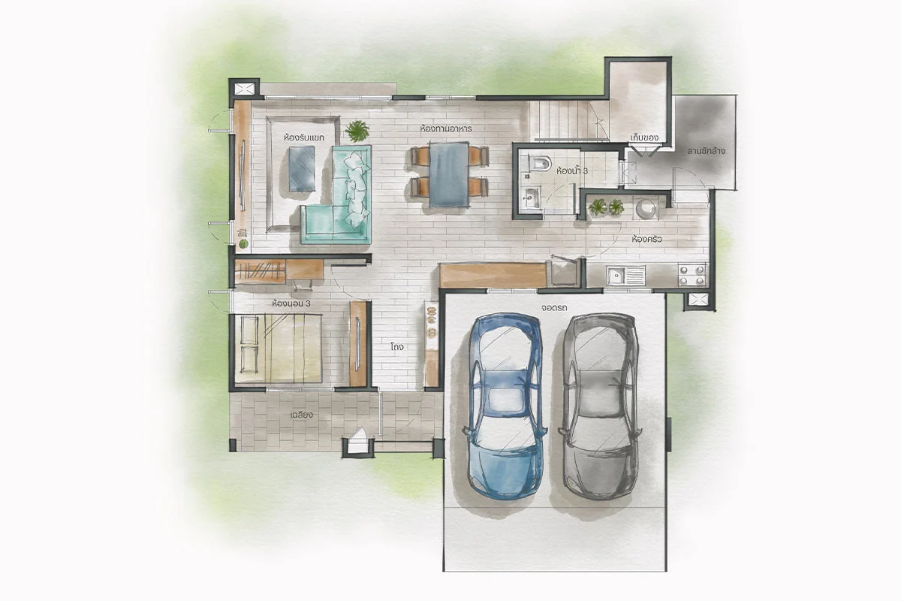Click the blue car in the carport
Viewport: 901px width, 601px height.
[x=505, y=406]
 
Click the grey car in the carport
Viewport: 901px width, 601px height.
[x=600, y=406]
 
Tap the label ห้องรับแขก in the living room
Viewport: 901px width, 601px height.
[x=303, y=137]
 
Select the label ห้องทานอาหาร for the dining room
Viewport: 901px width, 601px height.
[x=446, y=128]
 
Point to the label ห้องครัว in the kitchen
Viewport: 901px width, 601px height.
[x=646, y=239]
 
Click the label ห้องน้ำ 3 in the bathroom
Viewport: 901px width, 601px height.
[x=572, y=171]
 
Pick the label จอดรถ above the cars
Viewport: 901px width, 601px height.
[x=554, y=308]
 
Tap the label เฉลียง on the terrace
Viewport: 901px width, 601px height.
[x=301, y=415]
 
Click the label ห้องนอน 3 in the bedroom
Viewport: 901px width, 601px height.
[x=291, y=304]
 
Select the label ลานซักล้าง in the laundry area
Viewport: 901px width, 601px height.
[x=706, y=151]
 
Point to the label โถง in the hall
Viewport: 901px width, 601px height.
[x=397, y=346]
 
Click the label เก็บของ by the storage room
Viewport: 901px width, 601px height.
[x=644, y=137]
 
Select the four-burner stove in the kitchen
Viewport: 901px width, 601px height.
[x=692, y=274]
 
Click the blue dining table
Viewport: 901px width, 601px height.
[x=449, y=175]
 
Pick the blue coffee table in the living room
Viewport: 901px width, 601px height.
[x=302, y=169]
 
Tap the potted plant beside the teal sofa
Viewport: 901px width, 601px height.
[x=357, y=131]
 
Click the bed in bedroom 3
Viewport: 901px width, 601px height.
[x=278, y=349]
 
